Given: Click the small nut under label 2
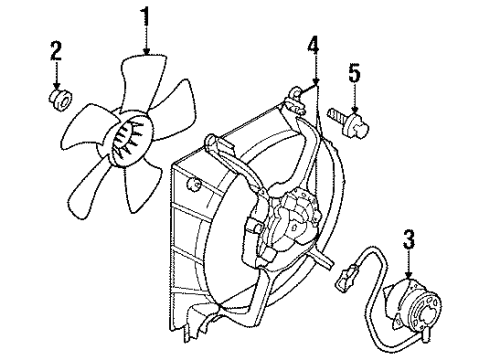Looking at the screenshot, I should tap(58, 98).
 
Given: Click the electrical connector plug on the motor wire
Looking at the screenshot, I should tap(353, 272).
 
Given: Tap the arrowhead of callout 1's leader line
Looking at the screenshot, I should tap(147, 52).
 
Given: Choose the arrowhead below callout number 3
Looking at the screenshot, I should tap(408, 272).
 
